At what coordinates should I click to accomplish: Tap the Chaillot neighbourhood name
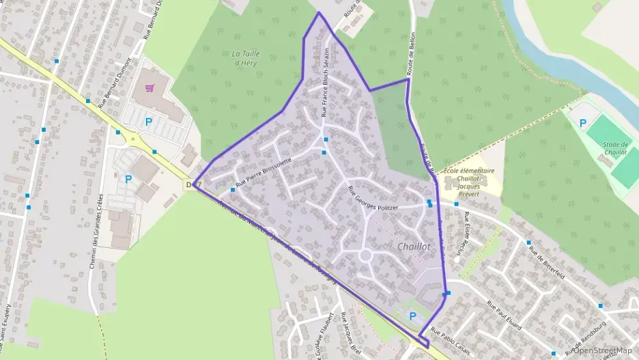pos(413,247)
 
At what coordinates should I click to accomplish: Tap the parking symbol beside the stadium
pos(582,124)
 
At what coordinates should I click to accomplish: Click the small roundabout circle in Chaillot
pos(365,255)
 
